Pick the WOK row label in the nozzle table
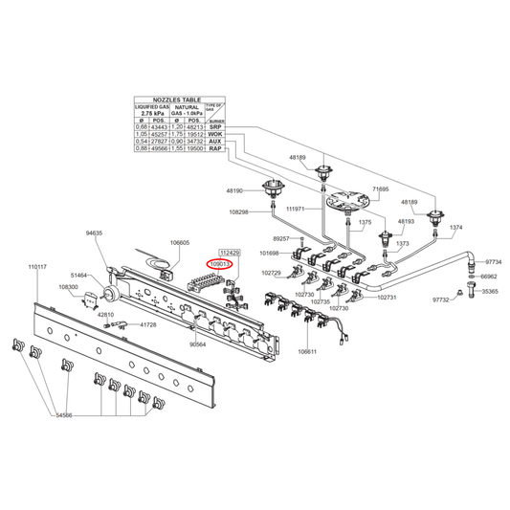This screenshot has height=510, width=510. click(x=216, y=134)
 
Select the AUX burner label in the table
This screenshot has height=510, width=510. click(x=216, y=142)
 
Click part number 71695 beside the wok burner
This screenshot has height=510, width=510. click(x=381, y=190)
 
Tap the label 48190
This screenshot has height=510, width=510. click(x=236, y=191)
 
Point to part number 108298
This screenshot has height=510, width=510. click(x=239, y=212)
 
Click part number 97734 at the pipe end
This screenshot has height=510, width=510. click(x=494, y=261)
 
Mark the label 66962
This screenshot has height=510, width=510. click(x=489, y=276)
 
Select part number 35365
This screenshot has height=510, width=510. click(x=490, y=291)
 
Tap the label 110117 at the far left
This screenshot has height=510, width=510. click(x=37, y=266)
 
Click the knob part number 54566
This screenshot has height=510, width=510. click(x=65, y=415)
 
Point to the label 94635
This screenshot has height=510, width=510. click(x=94, y=233)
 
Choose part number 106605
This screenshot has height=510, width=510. click(x=179, y=243)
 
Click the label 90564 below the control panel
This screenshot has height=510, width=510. click(x=198, y=344)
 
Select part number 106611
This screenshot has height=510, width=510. click(x=308, y=353)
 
